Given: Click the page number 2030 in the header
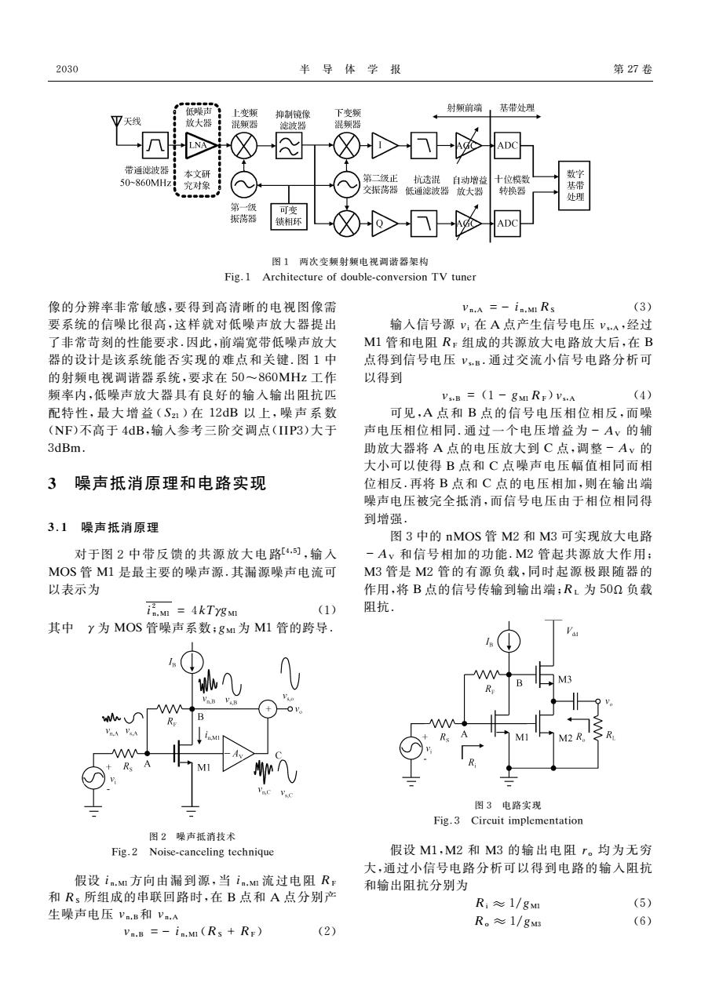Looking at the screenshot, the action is click(67, 69).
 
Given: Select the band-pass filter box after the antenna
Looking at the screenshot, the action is click(155, 145).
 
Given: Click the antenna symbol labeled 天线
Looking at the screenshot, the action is click(117, 122).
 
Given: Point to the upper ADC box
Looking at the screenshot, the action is click(507, 145).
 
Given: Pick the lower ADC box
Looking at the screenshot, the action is click(507, 224).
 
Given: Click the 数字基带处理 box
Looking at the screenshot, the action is click(575, 185).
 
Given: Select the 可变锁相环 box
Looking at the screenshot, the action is click(289, 216).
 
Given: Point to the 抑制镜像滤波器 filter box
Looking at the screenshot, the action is click(289, 145).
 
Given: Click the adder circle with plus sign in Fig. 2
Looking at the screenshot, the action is click(268, 708).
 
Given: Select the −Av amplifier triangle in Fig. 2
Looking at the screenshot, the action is click(236, 754).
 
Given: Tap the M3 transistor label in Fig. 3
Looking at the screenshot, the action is click(564, 679).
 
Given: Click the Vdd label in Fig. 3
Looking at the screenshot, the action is click(572, 632).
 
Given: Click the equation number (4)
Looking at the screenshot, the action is click(642, 395).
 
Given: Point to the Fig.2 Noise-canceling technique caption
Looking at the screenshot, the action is click(192, 852).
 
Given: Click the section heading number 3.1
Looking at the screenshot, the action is click(58, 527).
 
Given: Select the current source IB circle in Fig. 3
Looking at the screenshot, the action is click(509, 642).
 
